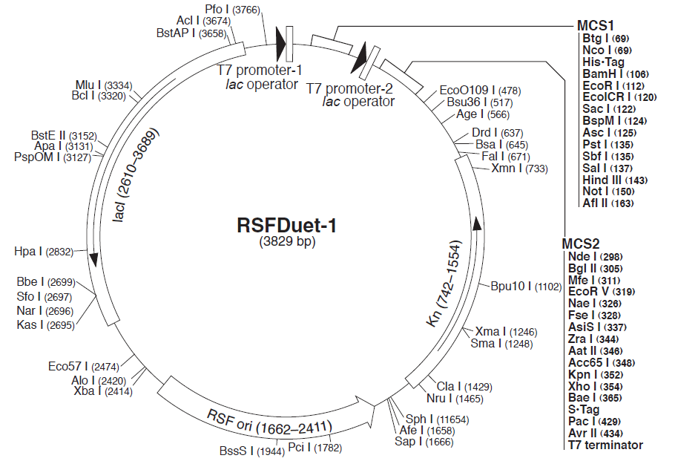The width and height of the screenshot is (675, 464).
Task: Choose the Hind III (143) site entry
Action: (x=605, y=180)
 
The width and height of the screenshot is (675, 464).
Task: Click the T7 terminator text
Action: (x=605, y=445)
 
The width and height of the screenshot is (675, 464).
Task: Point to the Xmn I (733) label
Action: (x=519, y=169)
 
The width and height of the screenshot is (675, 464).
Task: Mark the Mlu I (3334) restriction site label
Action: (x=103, y=85)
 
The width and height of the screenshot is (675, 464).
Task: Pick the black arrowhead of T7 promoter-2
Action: (x=360, y=58)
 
